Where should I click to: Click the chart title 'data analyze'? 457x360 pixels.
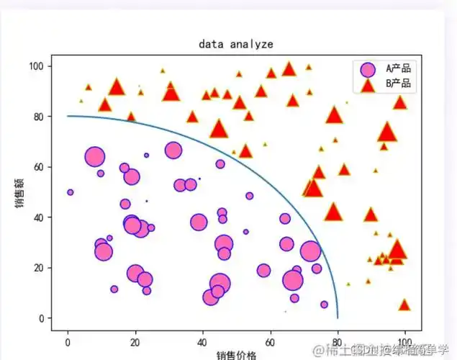pyautogui.click(x=235, y=44)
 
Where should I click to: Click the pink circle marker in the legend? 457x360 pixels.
pyautogui.click(x=368, y=69)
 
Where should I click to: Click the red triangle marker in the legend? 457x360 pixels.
pyautogui.click(x=368, y=85)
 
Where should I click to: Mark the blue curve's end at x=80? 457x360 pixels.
pyautogui.click(x=338, y=318)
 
